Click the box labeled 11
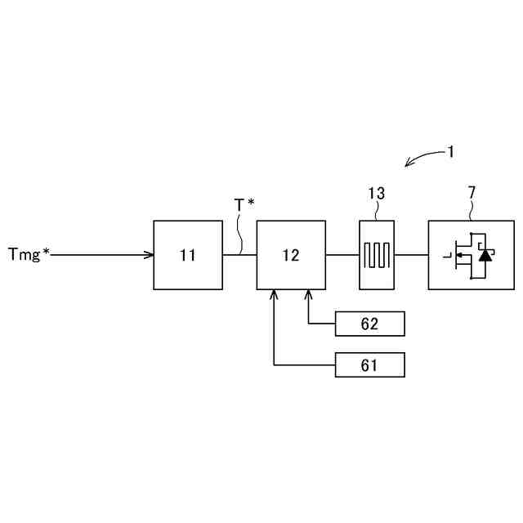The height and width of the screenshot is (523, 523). (x=188, y=255)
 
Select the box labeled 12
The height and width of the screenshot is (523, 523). (x=291, y=255)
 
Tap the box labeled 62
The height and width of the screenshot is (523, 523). (x=369, y=324)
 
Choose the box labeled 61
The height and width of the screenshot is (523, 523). (x=369, y=364)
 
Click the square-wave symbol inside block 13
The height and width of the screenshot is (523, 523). (x=378, y=255)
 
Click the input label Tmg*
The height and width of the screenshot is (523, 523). (x=29, y=254)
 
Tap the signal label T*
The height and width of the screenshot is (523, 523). (x=244, y=205)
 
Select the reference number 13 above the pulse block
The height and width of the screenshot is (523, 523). (x=376, y=194)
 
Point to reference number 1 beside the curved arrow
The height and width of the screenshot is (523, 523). (x=450, y=151)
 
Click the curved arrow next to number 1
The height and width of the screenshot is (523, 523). (x=422, y=158)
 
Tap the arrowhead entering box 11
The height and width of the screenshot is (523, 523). (x=150, y=255)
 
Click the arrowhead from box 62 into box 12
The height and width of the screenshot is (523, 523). (x=309, y=294)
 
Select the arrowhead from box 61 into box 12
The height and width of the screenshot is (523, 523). (x=273, y=294)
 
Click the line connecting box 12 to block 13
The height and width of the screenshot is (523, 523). (x=342, y=255)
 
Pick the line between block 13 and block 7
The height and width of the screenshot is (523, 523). (x=412, y=255)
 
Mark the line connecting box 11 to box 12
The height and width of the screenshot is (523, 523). (x=239, y=255)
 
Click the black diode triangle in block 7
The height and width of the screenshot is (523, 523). (x=485, y=255)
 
